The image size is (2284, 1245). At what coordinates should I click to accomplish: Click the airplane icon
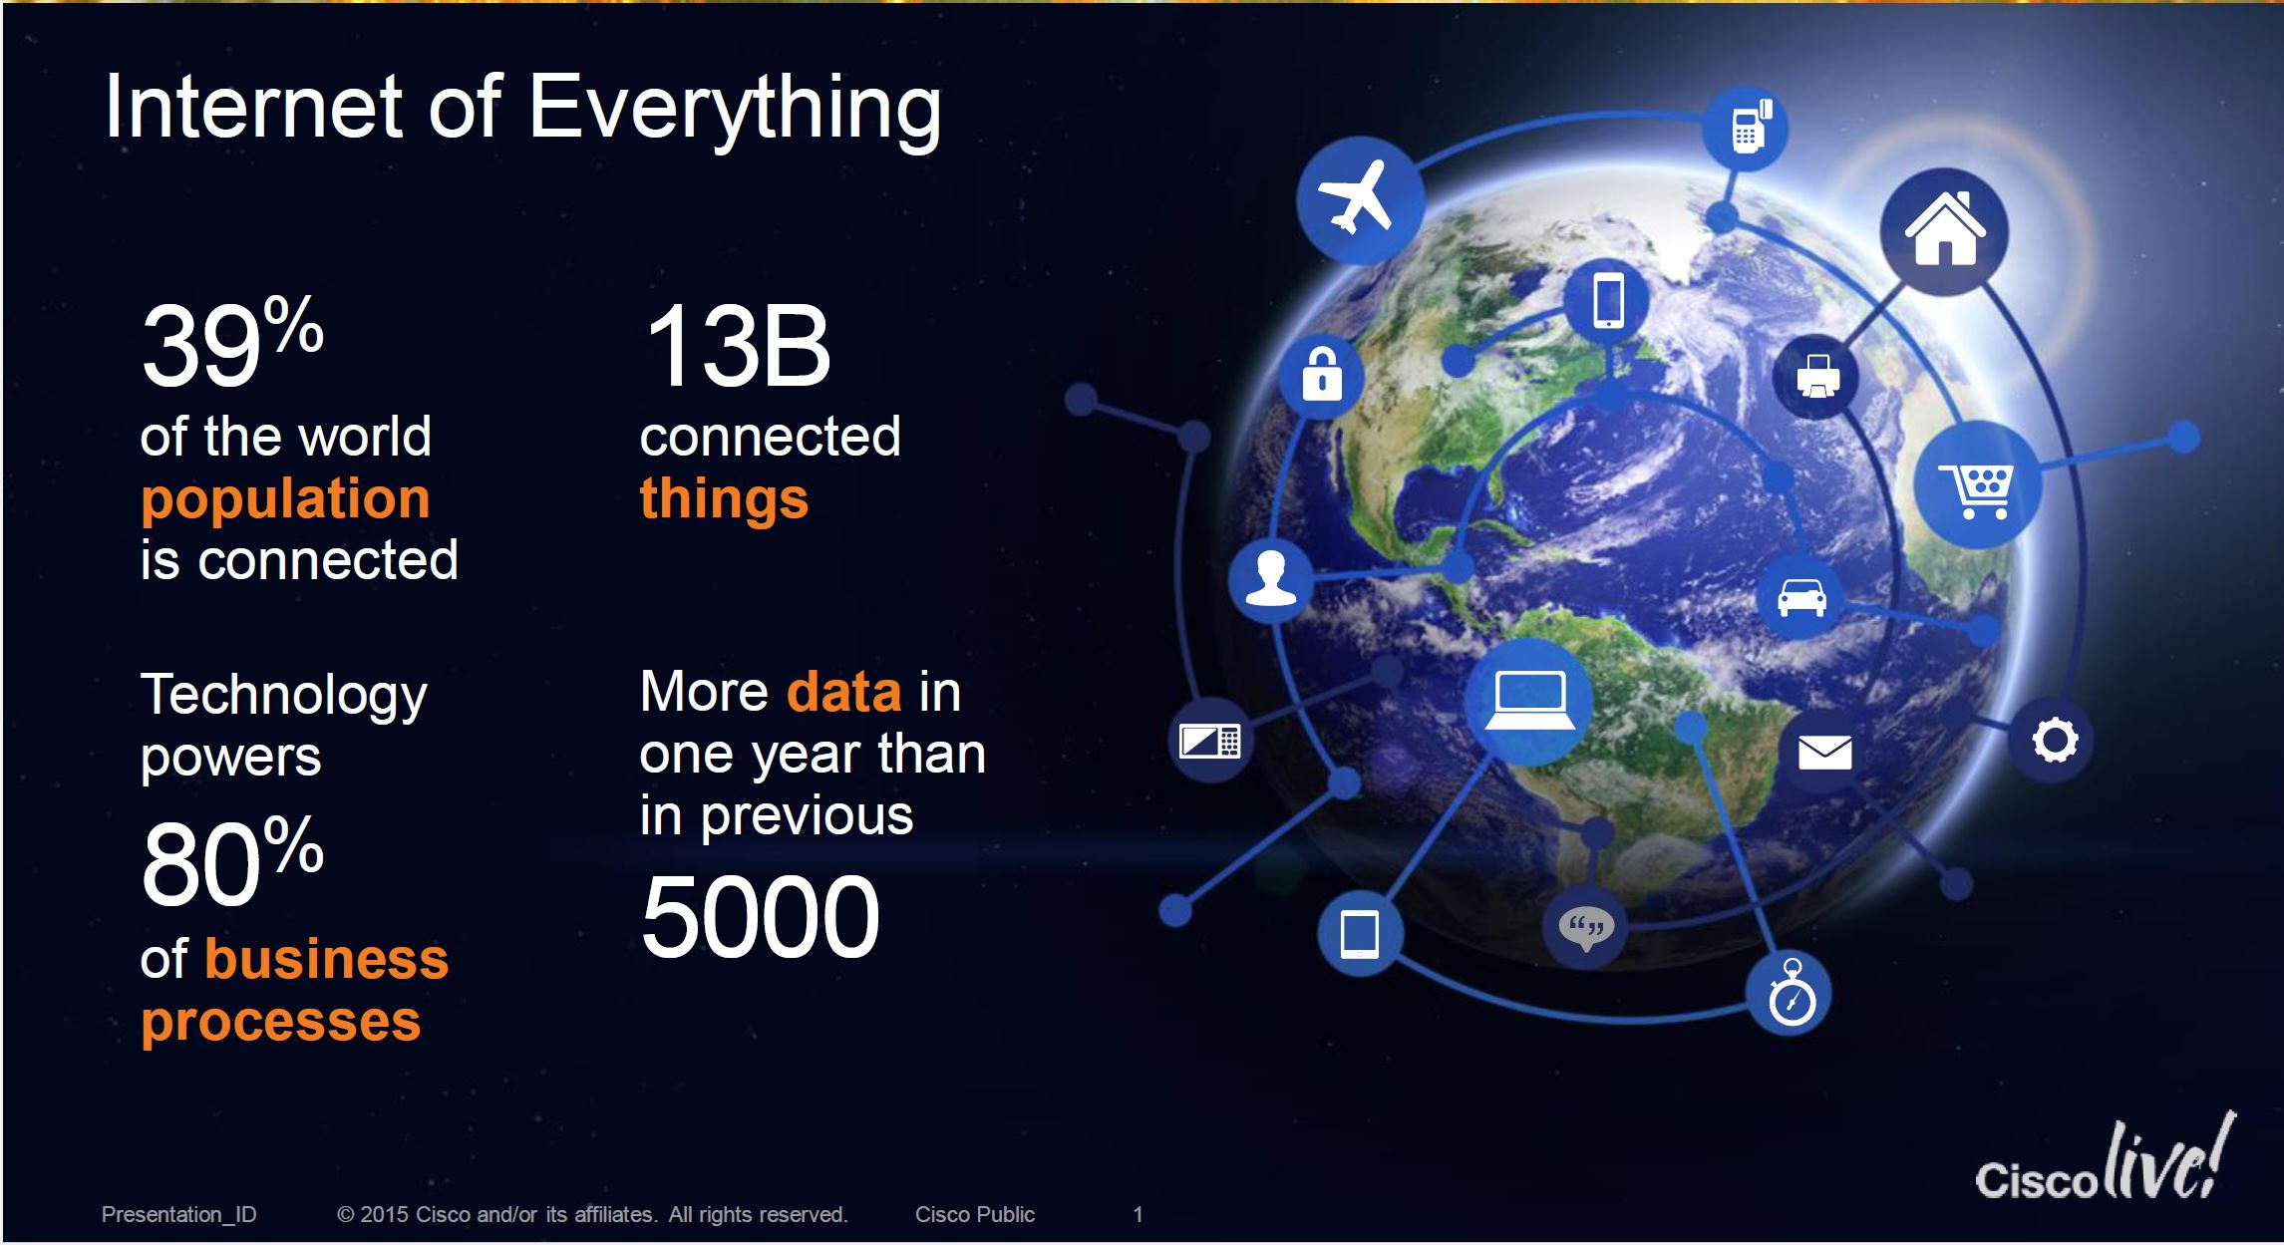1355,197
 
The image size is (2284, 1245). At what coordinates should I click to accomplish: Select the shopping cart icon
1975,489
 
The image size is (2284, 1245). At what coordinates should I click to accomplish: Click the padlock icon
1322,374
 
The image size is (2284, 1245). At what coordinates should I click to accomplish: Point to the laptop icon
1529,701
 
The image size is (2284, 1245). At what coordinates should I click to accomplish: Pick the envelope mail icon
1824,753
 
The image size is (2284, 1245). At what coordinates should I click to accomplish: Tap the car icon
1802,597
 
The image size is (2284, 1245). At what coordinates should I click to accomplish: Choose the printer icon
1817,377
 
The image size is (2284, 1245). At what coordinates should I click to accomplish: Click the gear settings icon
2055,741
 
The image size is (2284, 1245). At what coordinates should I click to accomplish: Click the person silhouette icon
1271,578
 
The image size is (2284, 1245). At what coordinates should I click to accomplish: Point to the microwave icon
1209,741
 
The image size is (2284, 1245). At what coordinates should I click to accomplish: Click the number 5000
760,916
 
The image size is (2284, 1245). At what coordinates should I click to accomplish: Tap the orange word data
844,691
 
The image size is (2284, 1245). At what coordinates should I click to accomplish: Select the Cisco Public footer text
975,1214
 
